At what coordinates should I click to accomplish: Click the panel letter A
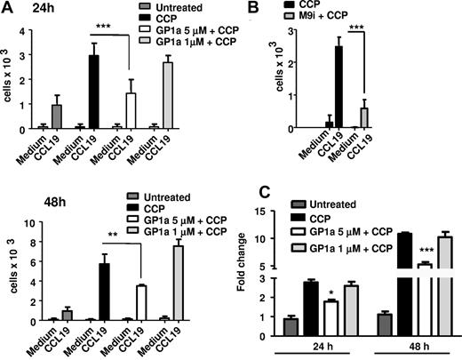8,8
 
